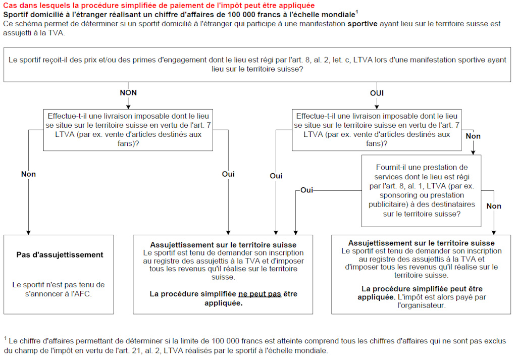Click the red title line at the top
coord(159,6)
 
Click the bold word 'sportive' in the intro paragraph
coord(363,24)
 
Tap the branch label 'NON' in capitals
coord(128,93)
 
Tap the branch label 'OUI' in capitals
coord(377,93)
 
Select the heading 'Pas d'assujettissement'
coord(60,255)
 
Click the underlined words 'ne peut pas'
coord(260,294)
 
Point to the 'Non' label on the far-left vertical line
coord(28,174)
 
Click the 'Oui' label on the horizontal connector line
coord(306,190)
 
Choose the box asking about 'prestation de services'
coord(422,190)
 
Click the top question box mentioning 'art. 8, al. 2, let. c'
coord(257,64)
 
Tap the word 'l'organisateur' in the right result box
coord(422,305)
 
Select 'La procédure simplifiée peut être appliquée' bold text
coord(422,293)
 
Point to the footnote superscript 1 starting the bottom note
coord(5,338)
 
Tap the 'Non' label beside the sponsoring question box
coord(494,206)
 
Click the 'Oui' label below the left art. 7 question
coord(228,174)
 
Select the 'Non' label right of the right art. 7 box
coord(473,136)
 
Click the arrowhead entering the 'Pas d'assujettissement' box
coord(28,232)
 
